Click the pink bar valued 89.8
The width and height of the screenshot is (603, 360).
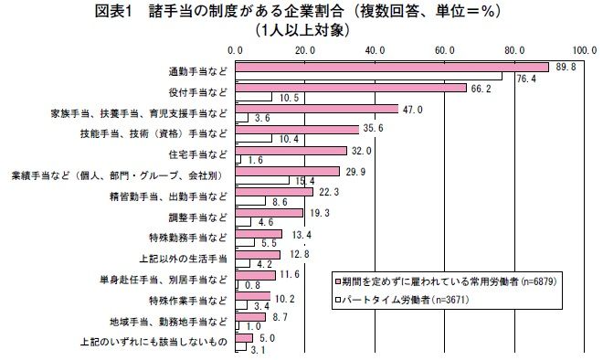(392, 68)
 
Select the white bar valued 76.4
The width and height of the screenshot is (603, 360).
(368, 76)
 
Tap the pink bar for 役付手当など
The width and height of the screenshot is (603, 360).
(351, 88)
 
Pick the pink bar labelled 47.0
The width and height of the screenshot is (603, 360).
(317, 110)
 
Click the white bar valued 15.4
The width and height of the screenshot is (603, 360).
(262, 180)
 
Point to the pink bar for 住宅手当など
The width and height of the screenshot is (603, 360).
(291, 151)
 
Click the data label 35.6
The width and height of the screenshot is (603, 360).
(373, 129)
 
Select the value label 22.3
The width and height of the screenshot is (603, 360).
(329, 192)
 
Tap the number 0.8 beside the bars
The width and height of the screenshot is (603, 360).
(252, 285)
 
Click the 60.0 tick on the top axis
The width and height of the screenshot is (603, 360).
(445, 51)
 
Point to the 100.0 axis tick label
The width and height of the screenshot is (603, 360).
(585, 51)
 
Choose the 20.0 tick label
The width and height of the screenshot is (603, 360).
(305, 51)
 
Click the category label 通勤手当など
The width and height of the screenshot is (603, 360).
(198, 71)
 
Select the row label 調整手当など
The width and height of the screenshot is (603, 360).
(198, 217)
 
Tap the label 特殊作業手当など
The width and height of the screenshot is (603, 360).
(188, 301)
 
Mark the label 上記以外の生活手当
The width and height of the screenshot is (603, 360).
(183, 259)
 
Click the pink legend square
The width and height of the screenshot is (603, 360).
(338, 282)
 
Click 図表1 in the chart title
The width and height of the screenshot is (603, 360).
(113, 12)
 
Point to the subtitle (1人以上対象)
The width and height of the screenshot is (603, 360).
(302, 30)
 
